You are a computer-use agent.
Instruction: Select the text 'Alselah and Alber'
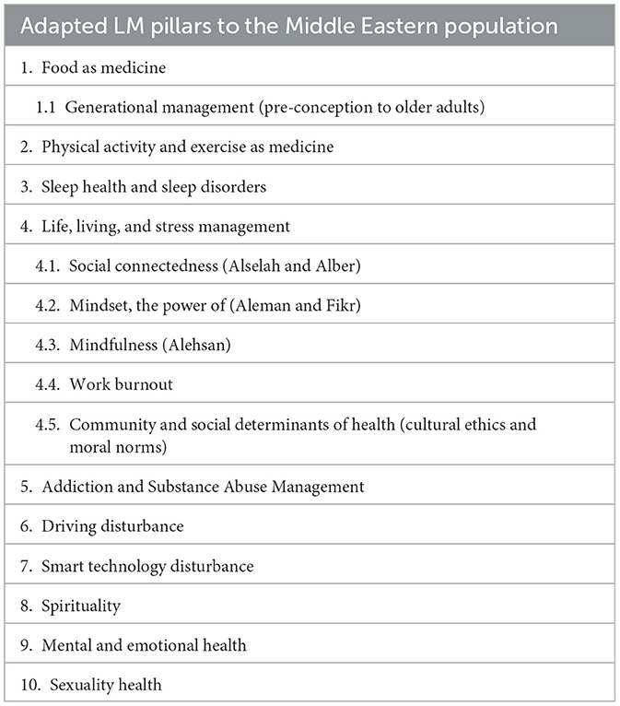[x=310, y=265]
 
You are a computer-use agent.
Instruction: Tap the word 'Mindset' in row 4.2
[x=98, y=305]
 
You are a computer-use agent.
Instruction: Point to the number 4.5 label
[x=48, y=424]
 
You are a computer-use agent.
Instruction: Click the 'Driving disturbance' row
[x=112, y=525]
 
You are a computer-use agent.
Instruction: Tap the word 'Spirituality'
[x=81, y=606]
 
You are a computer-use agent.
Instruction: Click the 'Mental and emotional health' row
[x=143, y=645]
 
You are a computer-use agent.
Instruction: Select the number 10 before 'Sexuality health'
[x=30, y=685]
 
